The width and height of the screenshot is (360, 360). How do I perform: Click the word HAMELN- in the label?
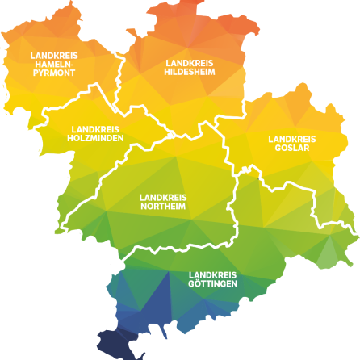(x=53, y=64)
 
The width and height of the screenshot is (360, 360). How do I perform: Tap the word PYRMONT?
(x=53, y=73)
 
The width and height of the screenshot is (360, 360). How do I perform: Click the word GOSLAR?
(x=291, y=147)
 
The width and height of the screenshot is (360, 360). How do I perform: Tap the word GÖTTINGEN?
(x=212, y=284)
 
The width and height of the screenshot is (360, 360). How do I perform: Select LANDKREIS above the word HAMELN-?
(x=53, y=55)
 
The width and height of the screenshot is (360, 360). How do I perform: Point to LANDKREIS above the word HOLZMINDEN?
(x=94, y=128)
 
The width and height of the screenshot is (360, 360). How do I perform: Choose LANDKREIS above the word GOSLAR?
(x=291, y=138)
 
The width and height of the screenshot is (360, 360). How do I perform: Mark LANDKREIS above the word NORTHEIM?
(x=162, y=197)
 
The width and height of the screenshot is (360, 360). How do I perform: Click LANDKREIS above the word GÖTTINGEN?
(x=212, y=275)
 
